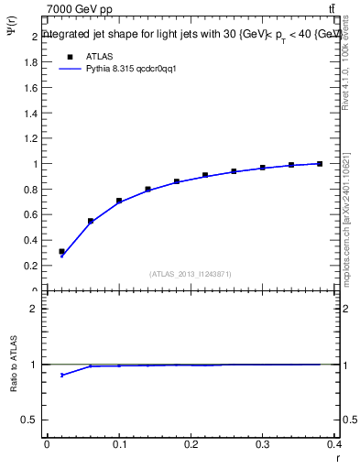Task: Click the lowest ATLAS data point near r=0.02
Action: (x=61, y=251)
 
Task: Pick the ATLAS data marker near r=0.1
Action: (x=119, y=201)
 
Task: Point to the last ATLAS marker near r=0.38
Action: (x=320, y=163)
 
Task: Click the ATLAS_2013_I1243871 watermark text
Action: (x=190, y=274)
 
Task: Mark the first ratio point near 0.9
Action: (x=61, y=375)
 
